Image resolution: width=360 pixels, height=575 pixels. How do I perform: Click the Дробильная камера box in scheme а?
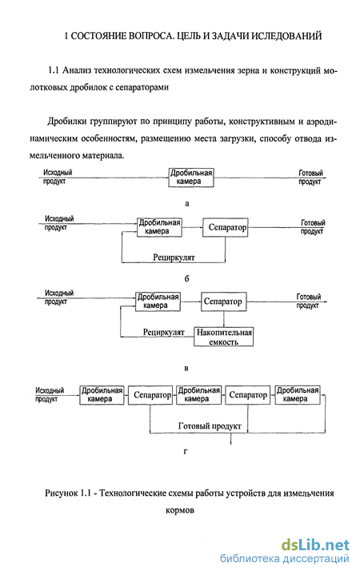(191, 178)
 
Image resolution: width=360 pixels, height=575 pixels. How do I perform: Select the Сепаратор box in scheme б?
(226, 227)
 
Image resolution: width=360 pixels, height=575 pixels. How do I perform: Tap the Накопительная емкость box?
(223, 337)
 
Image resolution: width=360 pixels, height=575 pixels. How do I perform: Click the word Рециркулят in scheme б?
(174, 257)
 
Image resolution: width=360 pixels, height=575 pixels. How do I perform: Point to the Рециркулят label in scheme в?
(164, 332)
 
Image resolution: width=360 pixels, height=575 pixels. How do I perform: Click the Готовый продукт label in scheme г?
(210, 425)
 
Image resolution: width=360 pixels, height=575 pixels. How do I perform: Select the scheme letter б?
(186, 278)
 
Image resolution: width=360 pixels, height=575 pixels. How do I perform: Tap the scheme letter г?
(186, 452)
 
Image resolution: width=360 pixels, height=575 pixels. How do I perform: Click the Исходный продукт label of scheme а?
(58, 177)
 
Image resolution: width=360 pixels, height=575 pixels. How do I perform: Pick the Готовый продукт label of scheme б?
(313, 227)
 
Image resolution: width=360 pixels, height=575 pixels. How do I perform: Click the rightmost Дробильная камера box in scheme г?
(298, 395)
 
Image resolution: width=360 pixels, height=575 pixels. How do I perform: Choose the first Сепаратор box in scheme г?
(150, 395)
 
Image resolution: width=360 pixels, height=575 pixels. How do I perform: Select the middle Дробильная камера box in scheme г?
(199, 395)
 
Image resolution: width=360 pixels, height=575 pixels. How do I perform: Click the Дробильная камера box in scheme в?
(158, 301)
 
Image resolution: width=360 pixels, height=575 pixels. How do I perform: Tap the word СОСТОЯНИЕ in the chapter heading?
(98, 36)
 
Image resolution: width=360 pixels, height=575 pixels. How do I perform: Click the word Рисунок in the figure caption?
(62, 493)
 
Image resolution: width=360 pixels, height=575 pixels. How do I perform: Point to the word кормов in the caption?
(180, 510)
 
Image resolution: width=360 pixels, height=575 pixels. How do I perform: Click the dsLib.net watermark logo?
(315, 545)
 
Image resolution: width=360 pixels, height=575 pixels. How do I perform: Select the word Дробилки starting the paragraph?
(67, 122)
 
